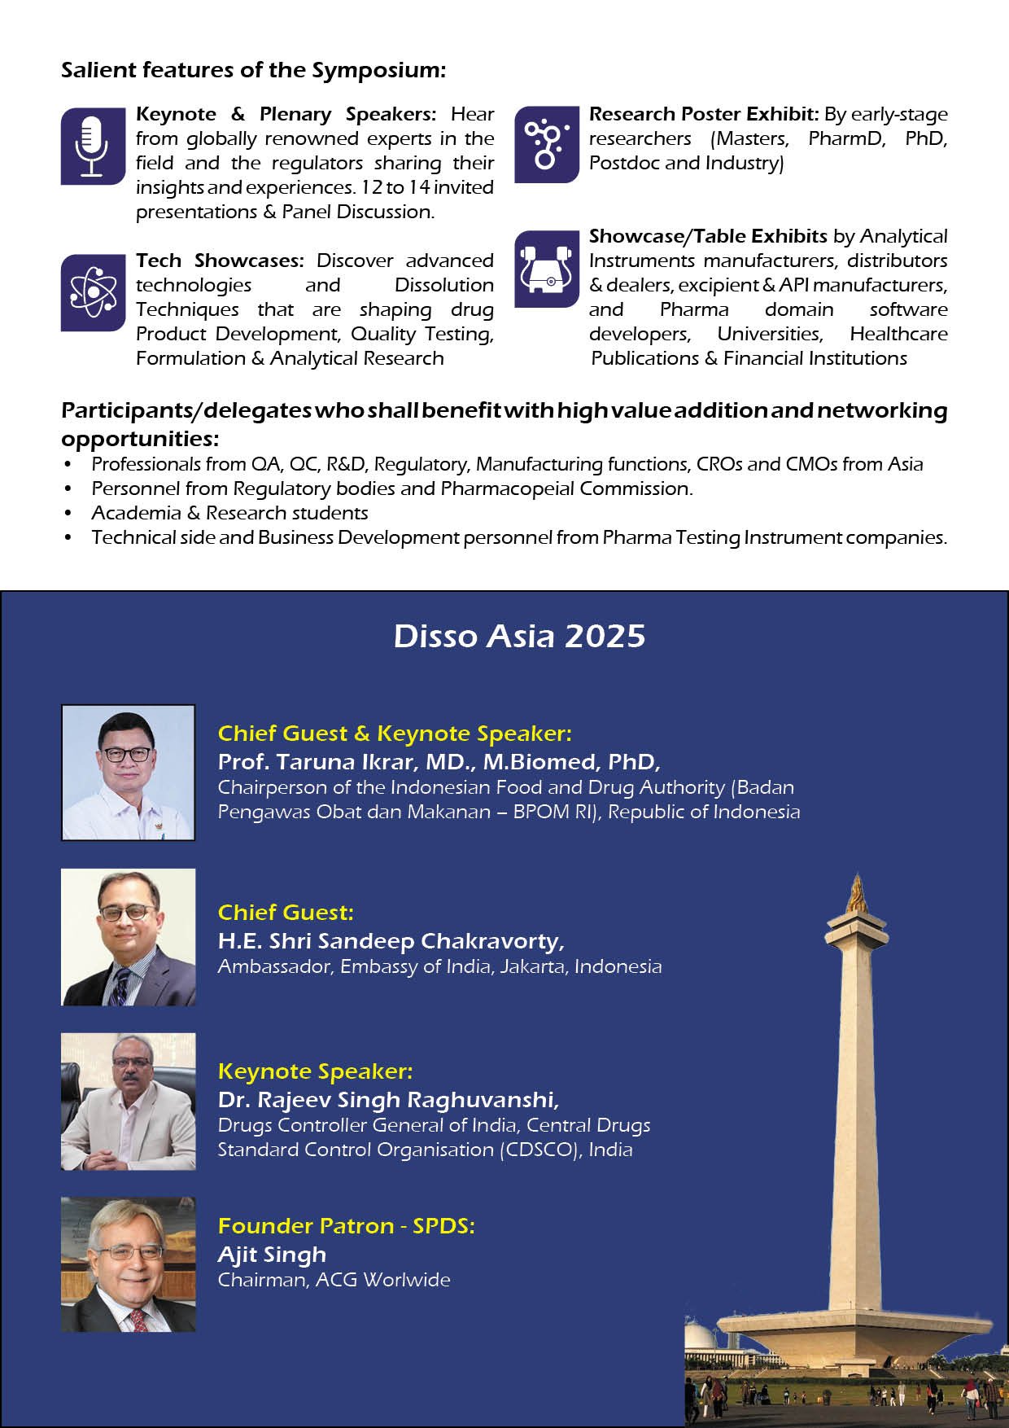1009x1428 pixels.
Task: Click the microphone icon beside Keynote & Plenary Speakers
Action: pos(92,146)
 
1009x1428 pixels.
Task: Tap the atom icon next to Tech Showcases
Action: pos(92,292)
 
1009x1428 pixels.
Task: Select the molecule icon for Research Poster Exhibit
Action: pos(545,144)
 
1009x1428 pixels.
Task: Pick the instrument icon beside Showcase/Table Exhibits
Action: pos(546,268)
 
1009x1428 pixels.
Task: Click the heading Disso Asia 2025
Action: pos(519,636)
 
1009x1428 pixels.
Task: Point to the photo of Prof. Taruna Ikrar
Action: pos(129,772)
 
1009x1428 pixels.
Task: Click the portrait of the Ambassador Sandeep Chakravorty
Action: pos(129,937)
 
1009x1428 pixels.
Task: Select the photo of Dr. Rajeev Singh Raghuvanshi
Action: pos(129,1102)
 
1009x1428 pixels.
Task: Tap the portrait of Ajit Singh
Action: pos(129,1264)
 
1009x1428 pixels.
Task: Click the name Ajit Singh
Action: pos(272,1255)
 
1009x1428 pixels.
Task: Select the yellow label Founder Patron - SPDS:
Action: pos(346,1225)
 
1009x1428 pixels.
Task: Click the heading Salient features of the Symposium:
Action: pos(254,70)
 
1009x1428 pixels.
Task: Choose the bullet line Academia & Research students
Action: pos(229,513)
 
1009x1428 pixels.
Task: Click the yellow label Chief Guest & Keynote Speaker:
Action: pos(395,734)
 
